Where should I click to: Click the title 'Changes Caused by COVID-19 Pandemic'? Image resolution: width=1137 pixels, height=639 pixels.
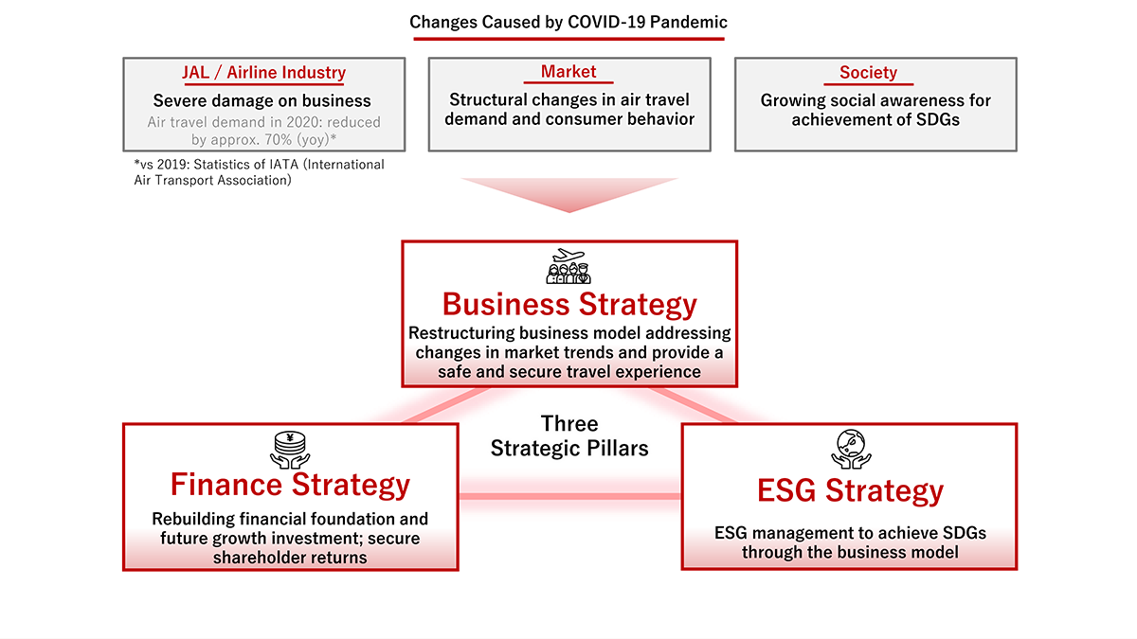(x=568, y=22)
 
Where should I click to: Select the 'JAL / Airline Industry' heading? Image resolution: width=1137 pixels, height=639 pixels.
(x=264, y=72)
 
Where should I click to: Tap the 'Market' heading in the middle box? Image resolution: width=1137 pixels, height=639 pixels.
(x=568, y=72)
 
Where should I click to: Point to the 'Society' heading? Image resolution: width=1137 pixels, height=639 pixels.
(x=868, y=72)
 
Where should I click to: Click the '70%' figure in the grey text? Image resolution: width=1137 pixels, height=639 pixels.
(x=277, y=139)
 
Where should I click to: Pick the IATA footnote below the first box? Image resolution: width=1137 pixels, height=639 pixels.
(x=259, y=172)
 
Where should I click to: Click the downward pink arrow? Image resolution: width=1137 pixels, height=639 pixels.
(x=569, y=195)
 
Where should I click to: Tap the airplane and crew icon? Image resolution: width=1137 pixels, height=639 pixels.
(x=568, y=266)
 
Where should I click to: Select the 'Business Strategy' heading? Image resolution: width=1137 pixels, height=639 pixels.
(x=569, y=304)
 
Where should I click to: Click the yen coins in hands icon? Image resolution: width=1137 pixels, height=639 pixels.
(x=290, y=450)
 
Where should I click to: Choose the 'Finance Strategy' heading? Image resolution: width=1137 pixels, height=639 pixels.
(x=290, y=485)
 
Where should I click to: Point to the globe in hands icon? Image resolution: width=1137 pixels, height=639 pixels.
(x=851, y=450)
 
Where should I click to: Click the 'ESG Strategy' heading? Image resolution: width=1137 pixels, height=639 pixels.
(x=850, y=490)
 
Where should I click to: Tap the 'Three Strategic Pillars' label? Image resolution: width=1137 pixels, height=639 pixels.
(x=569, y=435)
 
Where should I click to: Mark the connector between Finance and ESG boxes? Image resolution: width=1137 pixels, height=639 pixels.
(x=569, y=496)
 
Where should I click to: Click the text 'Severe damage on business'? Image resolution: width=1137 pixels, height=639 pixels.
(x=262, y=100)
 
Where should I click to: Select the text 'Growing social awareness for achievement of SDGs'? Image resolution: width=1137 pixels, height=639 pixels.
(x=875, y=110)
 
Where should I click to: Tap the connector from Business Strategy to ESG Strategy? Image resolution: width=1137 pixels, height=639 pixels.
(x=694, y=405)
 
